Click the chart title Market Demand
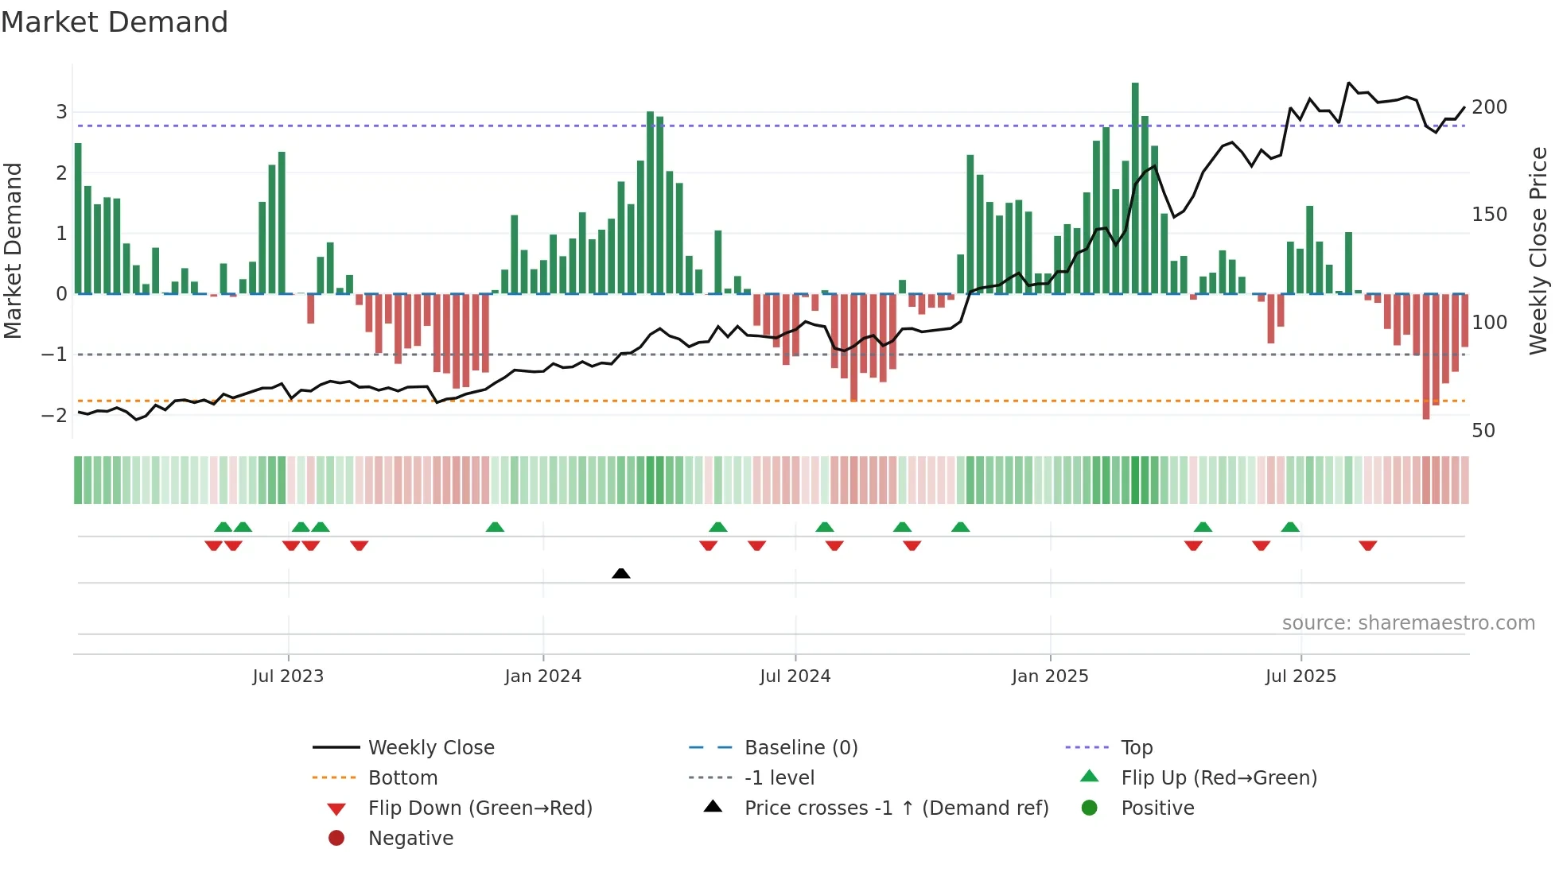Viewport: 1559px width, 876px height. click(115, 22)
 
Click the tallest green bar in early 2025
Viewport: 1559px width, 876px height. click(1135, 188)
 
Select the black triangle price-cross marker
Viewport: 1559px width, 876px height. click(621, 573)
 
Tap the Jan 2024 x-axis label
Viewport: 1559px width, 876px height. click(542, 676)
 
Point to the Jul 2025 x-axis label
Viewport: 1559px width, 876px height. click(1300, 676)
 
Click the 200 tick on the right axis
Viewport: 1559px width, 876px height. click(1489, 107)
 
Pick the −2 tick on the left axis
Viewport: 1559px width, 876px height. click(54, 415)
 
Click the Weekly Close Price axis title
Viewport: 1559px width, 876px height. click(1538, 250)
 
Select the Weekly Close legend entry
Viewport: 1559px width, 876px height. click(430, 748)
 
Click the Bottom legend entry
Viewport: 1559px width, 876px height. click(402, 778)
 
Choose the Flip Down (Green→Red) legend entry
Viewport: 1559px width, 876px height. click(480, 808)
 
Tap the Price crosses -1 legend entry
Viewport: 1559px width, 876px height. click(896, 808)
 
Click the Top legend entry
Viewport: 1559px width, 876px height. click(1137, 748)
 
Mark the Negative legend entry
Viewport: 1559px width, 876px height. click(410, 839)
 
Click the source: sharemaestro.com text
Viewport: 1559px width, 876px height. click(1408, 623)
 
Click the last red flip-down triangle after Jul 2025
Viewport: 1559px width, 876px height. click(1368, 545)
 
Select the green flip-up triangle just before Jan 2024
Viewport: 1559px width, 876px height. click(495, 527)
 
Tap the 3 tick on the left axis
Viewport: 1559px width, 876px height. click(61, 112)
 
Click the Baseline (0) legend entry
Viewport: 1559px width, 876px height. click(800, 748)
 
